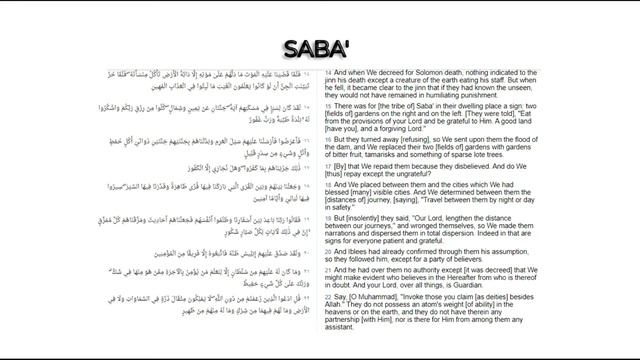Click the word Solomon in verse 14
click(x=420, y=73)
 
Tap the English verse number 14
click(x=328, y=73)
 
